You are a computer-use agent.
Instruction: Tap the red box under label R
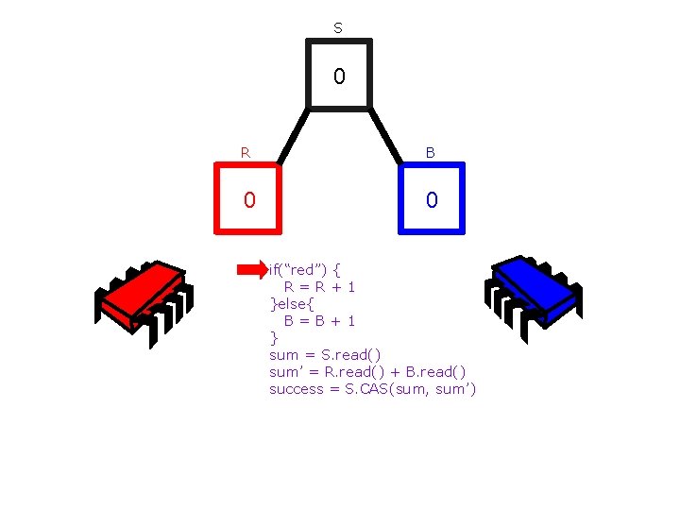pos(248,197)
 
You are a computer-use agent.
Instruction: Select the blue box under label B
pos(432,197)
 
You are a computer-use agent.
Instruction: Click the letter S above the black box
pos(338,28)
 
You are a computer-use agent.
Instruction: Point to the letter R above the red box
pos(246,152)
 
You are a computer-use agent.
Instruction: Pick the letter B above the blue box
pos(431,152)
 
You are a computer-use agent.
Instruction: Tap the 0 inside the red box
pos(248,200)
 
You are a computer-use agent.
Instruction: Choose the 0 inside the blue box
pos(431,200)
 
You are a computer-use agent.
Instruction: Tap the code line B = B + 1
pos(320,321)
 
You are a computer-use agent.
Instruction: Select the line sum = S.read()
pos(325,355)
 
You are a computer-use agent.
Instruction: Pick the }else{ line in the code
pos(292,304)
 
